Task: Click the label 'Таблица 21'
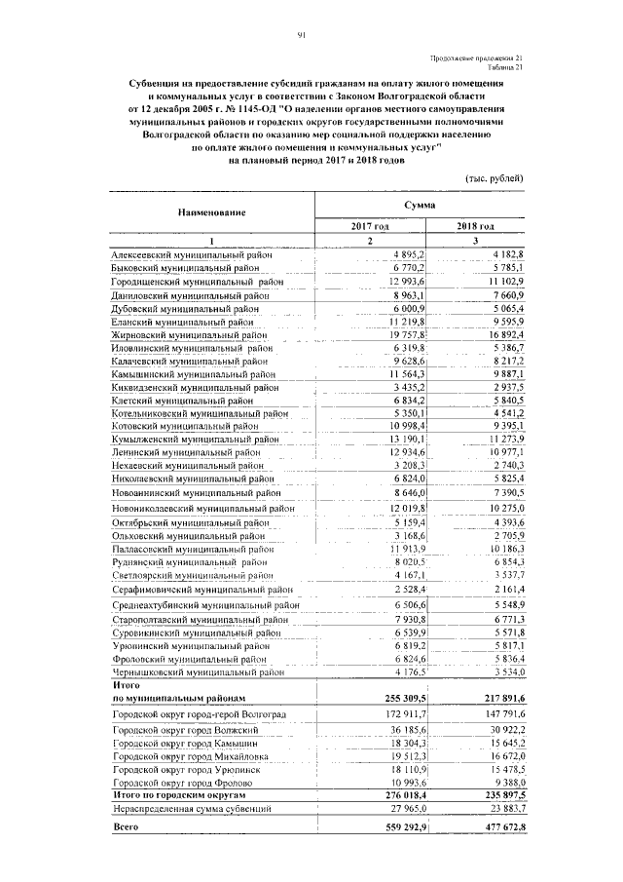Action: [505, 68]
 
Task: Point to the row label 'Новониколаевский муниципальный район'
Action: [202, 508]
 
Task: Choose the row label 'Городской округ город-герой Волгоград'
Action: [199, 715]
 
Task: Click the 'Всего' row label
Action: [127, 828]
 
